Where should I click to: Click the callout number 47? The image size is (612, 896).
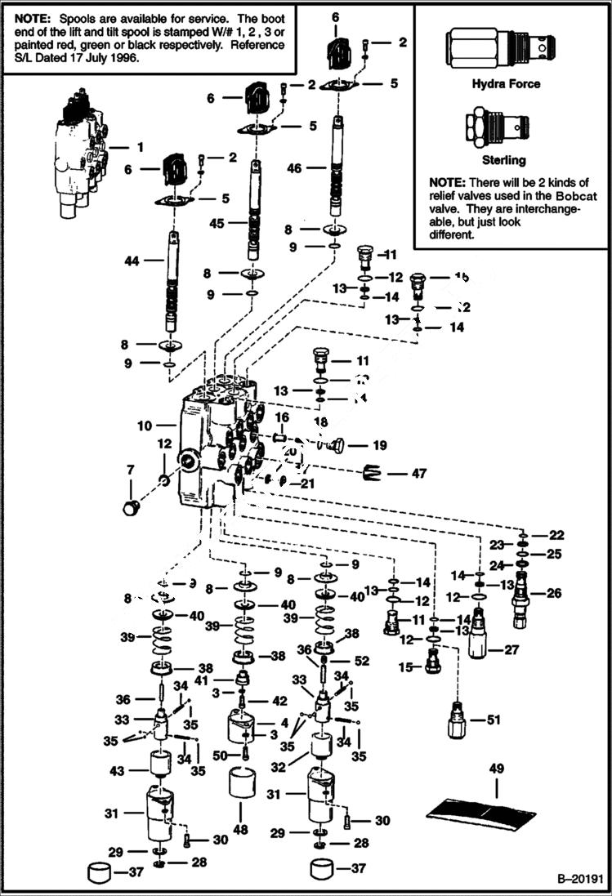420,473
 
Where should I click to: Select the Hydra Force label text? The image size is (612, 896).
506,83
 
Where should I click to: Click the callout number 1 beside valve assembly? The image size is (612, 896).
140,147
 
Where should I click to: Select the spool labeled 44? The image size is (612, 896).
173,282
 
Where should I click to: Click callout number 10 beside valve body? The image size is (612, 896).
145,426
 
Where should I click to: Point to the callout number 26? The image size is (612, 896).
554,593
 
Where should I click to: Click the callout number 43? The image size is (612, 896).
118,770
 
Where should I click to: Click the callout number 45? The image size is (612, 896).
217,223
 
